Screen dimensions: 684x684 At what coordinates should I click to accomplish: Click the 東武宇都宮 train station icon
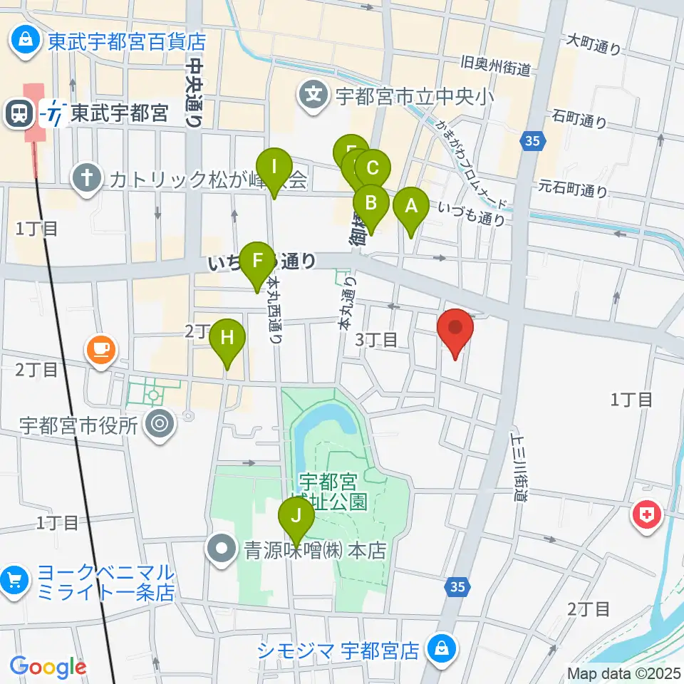(16, 113)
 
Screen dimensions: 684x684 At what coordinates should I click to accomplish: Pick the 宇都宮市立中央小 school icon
(312, 93)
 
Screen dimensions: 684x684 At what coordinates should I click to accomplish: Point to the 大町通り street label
(593, 44)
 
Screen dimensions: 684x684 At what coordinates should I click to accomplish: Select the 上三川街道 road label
(517, 466)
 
